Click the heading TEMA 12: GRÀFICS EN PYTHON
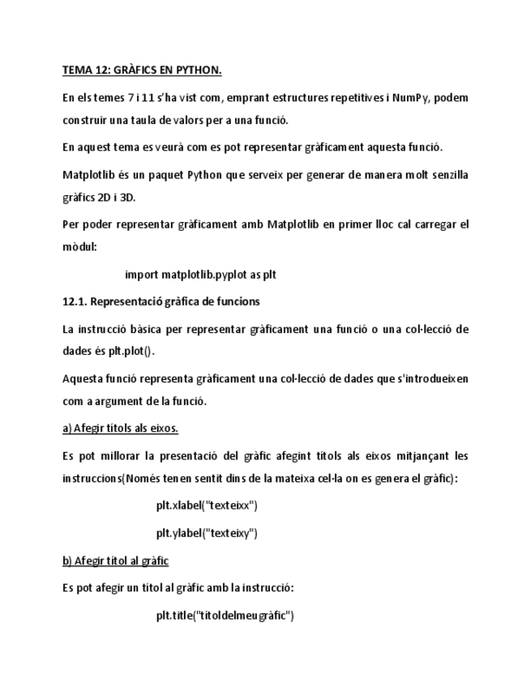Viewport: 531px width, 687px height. pyautogui.click(x=142, y=70)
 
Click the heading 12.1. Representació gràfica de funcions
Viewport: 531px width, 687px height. pyautogui.click(x=161, y=301)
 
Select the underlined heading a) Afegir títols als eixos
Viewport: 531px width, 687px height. pyautogui.click(x=121, y=428)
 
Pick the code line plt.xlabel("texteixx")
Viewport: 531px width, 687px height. pyautogui.click(x=207, y=506)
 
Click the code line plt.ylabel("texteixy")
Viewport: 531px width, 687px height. pyautogui.click(x=207, y=533)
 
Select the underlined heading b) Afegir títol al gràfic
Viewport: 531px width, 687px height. pyautogui.click(x=116, y=561)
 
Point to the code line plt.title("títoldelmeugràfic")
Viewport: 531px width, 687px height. pyautogui.click(x=225, y=616)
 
